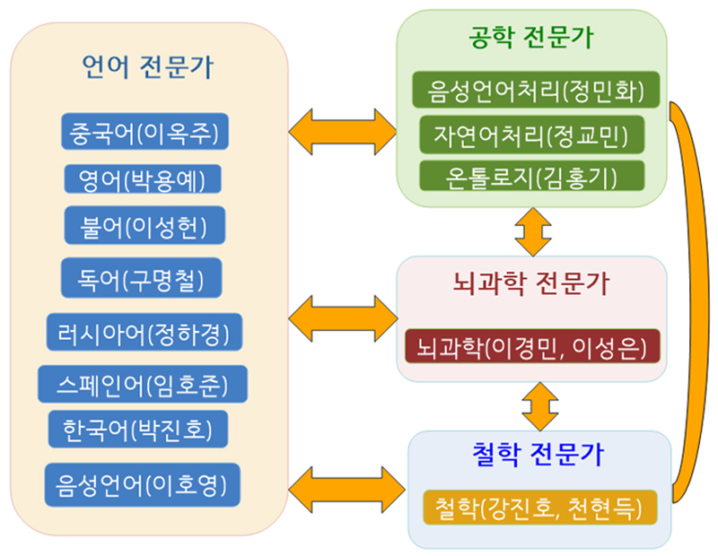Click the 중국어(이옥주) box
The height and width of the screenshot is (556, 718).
tap(144, 131)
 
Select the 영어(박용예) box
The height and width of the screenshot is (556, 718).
tap(143, 179)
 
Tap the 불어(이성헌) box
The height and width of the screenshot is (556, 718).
tap(144, 225)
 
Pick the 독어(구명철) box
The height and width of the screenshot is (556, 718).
tap(142, 278)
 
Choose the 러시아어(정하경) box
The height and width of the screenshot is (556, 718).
tap(144, 332)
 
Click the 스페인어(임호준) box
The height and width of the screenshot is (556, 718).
tap(143, 384)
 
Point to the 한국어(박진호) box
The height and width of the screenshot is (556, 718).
tap(138, 429)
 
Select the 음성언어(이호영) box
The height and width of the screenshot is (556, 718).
tap(143, 484)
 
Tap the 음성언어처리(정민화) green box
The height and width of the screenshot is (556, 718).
tap(536, 90)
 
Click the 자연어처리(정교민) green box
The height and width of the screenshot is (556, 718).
tap(532, 135)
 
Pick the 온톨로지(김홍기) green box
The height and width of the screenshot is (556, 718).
tap(532, 176)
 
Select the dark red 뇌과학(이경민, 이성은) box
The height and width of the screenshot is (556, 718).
tap(532, 346)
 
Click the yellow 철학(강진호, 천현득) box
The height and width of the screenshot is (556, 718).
tap(540, 507)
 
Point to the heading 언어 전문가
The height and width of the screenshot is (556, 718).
tap(147, 67)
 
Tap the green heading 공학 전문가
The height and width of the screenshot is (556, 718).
tap(531, 37)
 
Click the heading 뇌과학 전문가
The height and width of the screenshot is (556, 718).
tap(531, 283)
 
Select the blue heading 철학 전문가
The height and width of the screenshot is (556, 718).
tap(538, 454)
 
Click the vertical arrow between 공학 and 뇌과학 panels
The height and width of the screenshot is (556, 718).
tap(533, 231)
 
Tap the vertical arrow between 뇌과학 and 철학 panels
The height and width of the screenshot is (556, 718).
tap(540, 406)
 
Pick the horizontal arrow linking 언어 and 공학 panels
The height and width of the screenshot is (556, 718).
tap(343, 132)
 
